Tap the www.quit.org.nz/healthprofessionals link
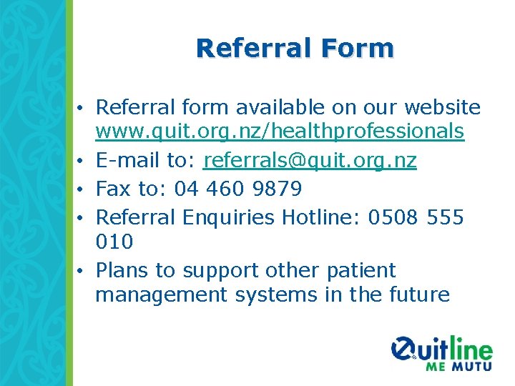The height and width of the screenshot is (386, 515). click(x=280, y=132)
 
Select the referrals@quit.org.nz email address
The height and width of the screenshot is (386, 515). click(x=310, y=161)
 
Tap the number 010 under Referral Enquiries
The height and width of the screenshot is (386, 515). click(x=114, y=242)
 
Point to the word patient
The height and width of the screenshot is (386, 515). click(x=360, y=271)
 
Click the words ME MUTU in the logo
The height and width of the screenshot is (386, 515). click(x=458, y=366)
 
